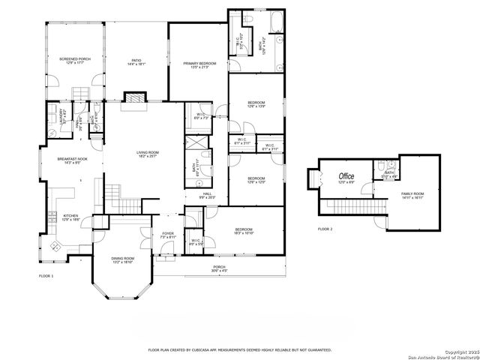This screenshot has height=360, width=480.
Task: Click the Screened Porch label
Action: point(74,61)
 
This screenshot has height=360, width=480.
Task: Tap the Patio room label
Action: point(136,62)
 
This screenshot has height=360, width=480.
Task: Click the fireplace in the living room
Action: point(133,98)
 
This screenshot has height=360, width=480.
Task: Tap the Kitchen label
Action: point(70,217)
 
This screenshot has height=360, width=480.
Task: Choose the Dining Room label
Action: point(122,259)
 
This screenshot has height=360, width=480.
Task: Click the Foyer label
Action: point(168,235)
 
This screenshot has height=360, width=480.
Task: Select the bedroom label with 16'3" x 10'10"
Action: point(245,232)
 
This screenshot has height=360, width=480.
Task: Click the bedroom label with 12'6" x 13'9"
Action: point(256,104)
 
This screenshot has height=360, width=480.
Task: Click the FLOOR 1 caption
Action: point(46,277)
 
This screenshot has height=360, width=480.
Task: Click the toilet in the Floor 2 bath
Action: point(382,165)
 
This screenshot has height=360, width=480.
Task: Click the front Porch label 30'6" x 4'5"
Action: point(219,268)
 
